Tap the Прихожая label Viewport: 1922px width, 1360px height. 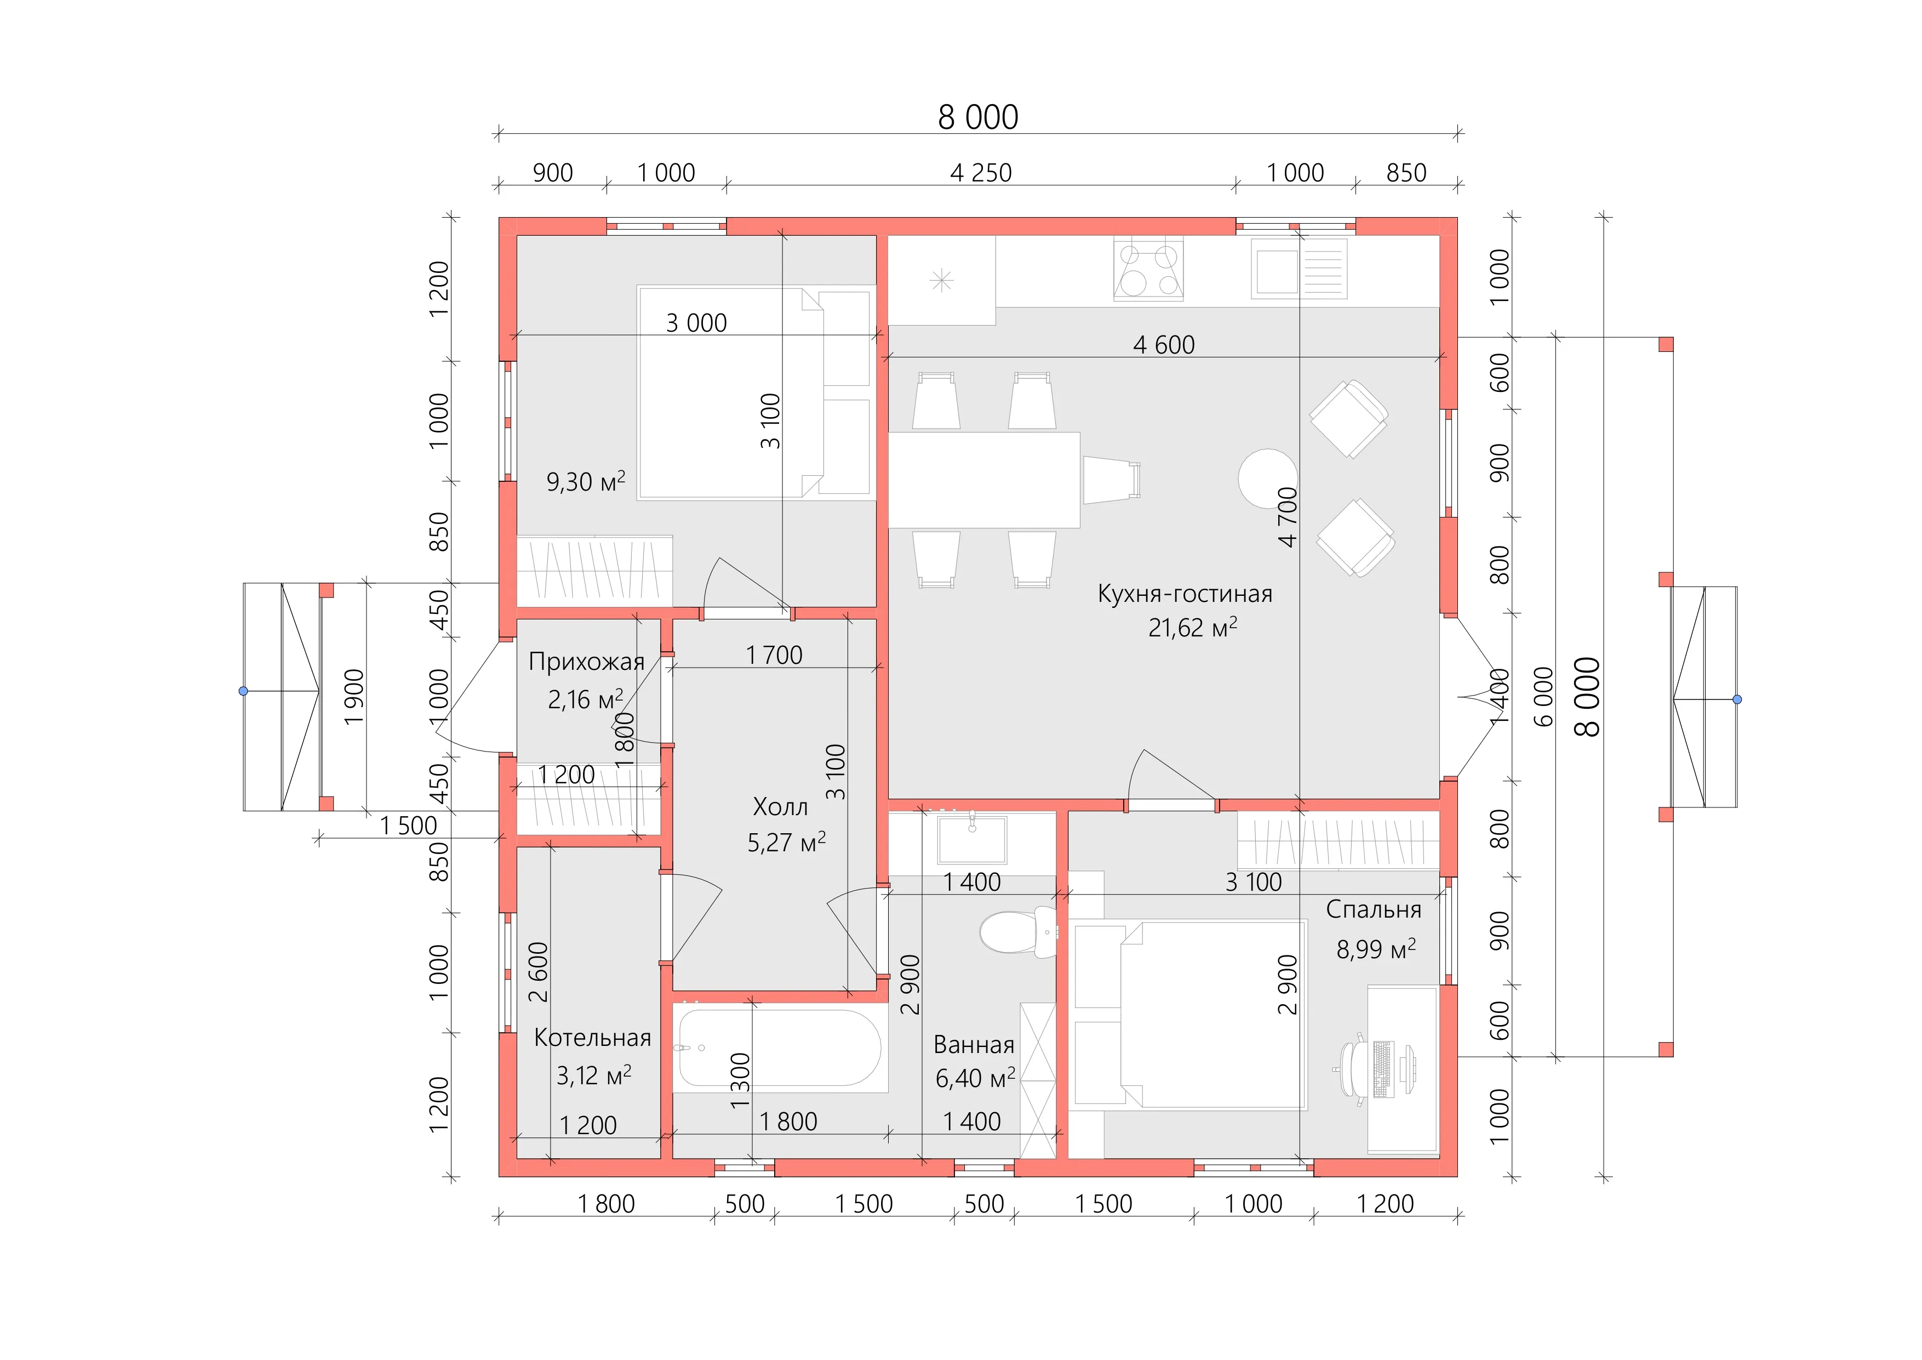click(x=587, y=662)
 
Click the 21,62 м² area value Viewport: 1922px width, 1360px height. click(x=1192, y=627)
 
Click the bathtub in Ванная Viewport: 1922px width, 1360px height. click(x=779, y=1049)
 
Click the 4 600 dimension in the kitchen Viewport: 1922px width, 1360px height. click(x=1164, y=344)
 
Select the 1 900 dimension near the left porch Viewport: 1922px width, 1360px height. click(x=354, y=697)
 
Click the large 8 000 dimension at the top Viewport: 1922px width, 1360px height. click(x=978, y=117)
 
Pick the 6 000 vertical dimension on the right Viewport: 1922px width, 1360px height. click(x=1543, y=697)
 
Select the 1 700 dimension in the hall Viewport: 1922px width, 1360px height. click(x=774, y=655)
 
